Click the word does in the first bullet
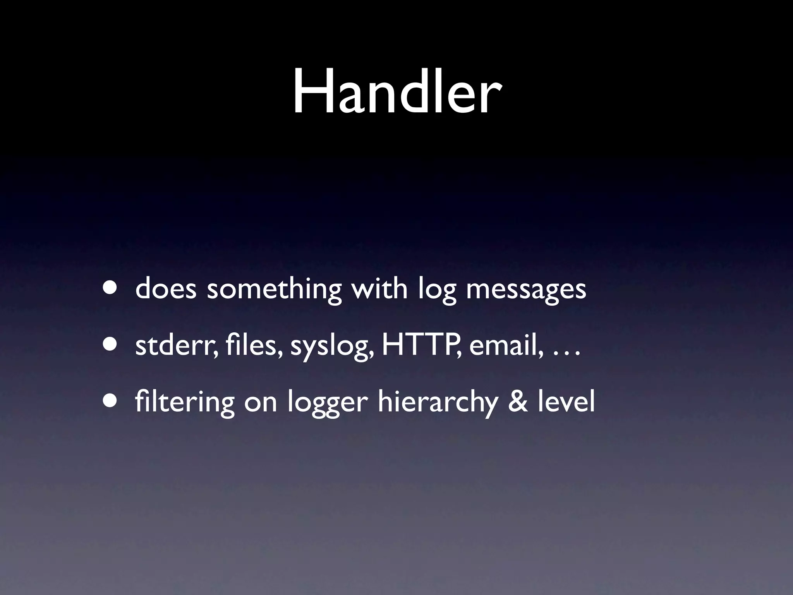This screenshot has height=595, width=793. (166, 289)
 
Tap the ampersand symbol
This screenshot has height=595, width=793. (518, 402)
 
